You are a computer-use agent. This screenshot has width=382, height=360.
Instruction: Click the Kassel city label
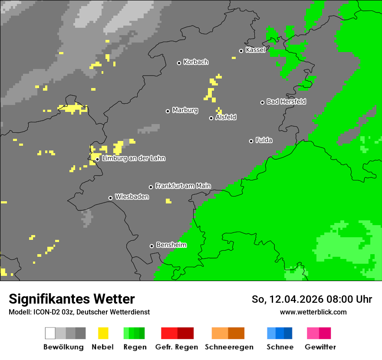coord(255,50)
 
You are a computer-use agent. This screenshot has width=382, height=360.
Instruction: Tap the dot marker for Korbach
coord(179,63)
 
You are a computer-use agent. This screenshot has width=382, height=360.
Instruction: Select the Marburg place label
coord(185,110)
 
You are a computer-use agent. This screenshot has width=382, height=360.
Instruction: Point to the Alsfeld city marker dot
coord(211,118)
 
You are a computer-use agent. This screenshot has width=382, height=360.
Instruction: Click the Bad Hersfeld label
coord(286,101)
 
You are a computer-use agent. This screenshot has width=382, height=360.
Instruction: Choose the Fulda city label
coord(264,140)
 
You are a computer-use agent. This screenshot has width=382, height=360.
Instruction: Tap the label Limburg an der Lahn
coord(134,158)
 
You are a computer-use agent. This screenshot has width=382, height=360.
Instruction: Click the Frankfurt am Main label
coord(183,186)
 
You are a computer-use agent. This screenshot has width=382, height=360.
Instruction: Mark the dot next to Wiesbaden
coord(110,198)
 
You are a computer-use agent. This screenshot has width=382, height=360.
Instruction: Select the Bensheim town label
coord(171,245)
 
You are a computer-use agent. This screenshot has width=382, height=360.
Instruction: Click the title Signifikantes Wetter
coord(72,299)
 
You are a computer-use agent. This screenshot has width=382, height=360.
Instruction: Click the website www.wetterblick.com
coord(313,312)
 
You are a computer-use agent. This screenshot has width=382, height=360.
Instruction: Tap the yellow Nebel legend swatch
coord(103,333)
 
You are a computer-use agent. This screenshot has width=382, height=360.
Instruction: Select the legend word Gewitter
coord(320,347)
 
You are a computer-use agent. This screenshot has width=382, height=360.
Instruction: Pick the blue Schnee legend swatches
coord(280,333)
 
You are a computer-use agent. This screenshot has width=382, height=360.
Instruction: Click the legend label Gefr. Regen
coord(177,347)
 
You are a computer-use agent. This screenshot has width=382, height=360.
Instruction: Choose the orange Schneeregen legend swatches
coord(228,333)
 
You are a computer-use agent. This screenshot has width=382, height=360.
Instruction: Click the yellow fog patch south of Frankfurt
coord(168,201)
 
